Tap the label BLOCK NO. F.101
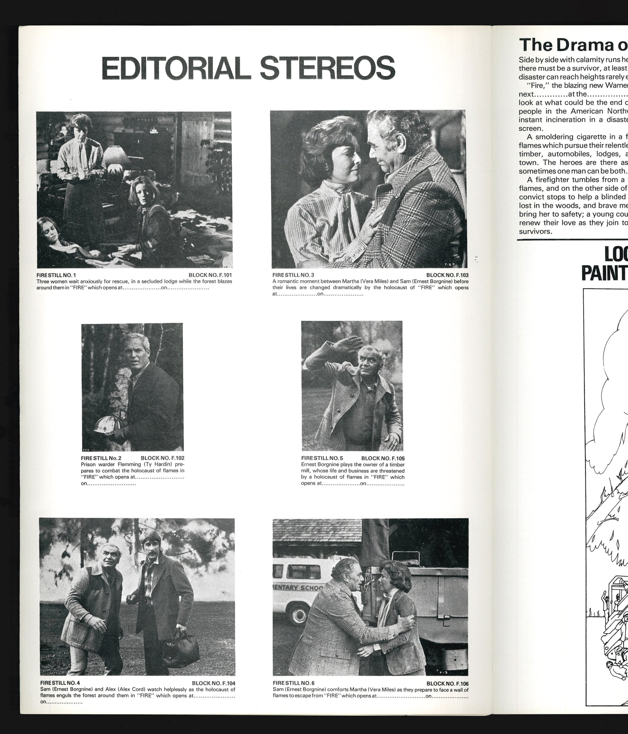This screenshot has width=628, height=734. [210, 275]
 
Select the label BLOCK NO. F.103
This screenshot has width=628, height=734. [447, 275]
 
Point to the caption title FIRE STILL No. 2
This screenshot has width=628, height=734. [101, 458]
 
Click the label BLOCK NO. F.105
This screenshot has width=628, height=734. [383, 458]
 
